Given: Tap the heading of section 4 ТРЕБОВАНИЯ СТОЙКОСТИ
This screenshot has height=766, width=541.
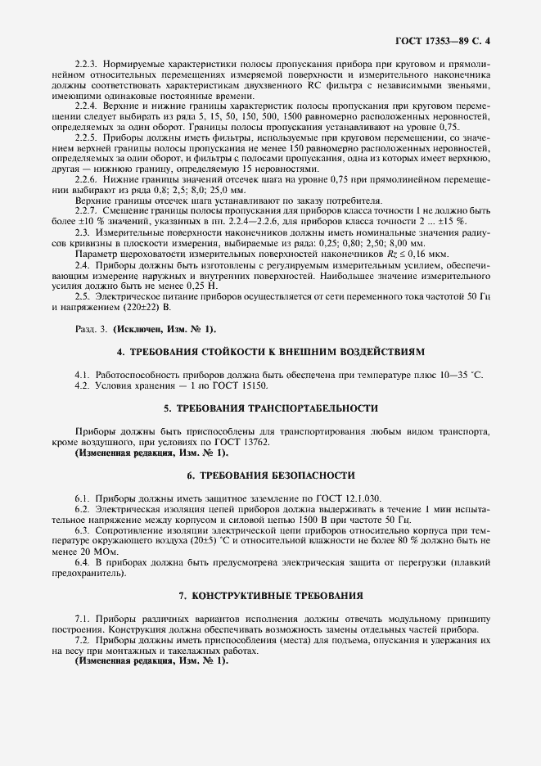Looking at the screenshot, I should (x=271, y=351).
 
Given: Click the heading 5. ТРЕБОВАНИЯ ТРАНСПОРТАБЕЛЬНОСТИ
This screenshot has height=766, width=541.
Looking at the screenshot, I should (x=271, y=407).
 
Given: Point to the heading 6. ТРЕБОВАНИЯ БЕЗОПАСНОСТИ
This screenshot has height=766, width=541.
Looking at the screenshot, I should (x=271, y=475).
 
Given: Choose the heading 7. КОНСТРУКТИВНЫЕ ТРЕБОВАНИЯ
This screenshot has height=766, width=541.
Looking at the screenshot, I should (x=271, y=595).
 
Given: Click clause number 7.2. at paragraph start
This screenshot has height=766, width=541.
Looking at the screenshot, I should (x=83, y=640).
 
